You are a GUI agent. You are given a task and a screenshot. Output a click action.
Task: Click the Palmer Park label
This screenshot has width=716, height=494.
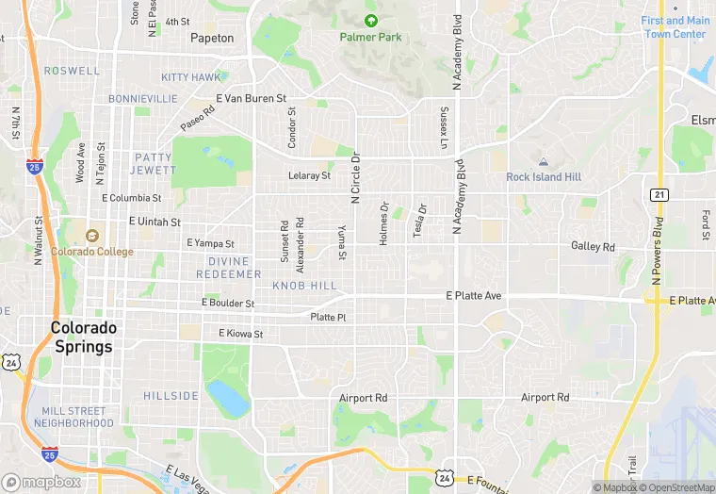point(370,37)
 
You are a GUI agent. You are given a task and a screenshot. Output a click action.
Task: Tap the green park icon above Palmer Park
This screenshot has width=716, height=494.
point(370,20)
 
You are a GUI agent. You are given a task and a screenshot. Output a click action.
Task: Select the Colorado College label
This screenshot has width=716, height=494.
point(91,252)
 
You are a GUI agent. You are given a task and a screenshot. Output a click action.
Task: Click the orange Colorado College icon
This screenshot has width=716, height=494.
point(91,236)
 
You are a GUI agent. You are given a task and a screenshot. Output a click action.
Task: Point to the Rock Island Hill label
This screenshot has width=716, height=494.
point(544,177)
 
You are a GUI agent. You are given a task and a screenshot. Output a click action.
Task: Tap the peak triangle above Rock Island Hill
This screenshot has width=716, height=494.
point(544,162)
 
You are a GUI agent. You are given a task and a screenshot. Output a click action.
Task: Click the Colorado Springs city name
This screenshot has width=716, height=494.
point(84,337)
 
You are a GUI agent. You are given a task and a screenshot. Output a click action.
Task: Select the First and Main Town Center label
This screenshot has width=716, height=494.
point(675,27)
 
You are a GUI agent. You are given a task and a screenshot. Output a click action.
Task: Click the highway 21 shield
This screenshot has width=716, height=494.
point(659,194)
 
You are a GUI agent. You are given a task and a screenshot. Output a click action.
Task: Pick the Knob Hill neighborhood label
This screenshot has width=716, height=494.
point(304,285)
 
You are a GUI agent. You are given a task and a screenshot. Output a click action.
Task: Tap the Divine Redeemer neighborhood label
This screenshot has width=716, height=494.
point(229,267)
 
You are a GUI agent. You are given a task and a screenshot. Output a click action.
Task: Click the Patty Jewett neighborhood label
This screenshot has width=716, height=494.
point(154,163)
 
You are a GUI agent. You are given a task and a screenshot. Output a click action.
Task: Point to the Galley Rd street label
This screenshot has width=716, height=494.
point(593,247)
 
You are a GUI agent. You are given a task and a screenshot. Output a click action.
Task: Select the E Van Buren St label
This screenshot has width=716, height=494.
point(251,98)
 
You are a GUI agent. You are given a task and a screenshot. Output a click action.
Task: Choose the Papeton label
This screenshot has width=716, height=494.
point(212,39)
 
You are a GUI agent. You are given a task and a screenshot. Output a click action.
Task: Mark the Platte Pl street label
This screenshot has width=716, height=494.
point(328,318)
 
